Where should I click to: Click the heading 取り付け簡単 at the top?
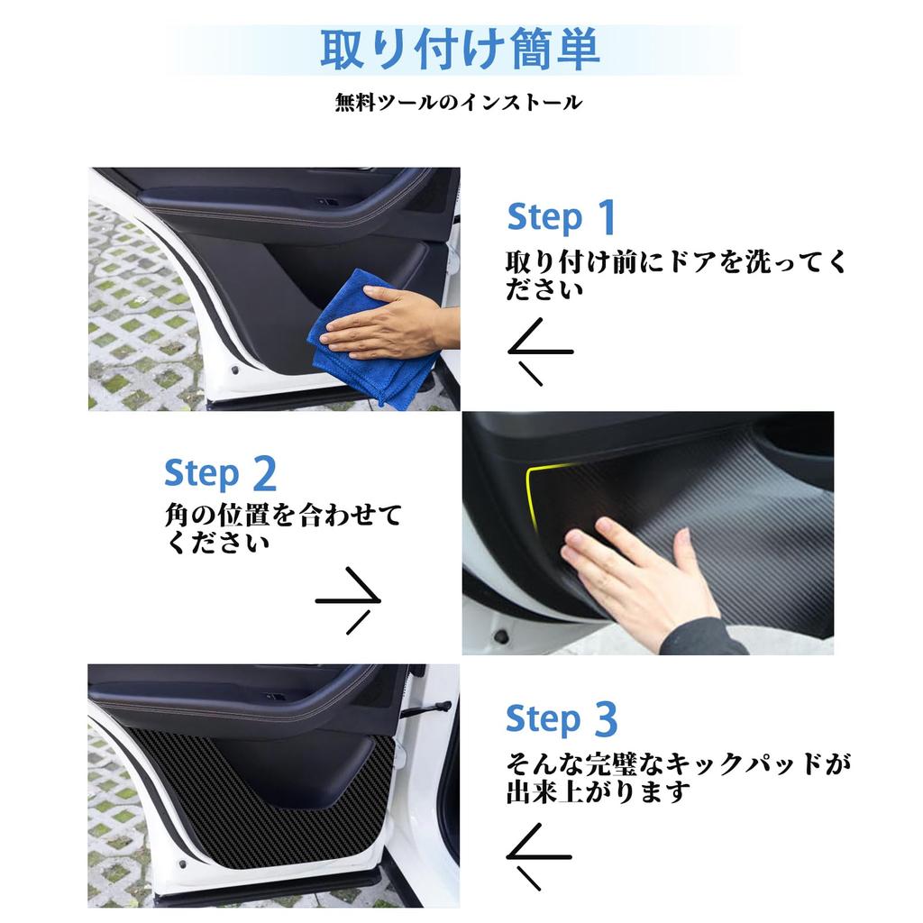click(460, 50)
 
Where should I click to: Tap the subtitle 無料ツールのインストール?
click(459, 103)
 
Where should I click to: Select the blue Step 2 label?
click(219, 472)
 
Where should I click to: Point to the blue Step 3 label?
click(561, 719)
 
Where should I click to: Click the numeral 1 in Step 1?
click(607, 217)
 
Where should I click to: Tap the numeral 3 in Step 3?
click(605, 719)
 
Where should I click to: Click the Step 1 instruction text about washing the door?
click(676, 275)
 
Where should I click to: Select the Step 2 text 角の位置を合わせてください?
click(282, 529)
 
